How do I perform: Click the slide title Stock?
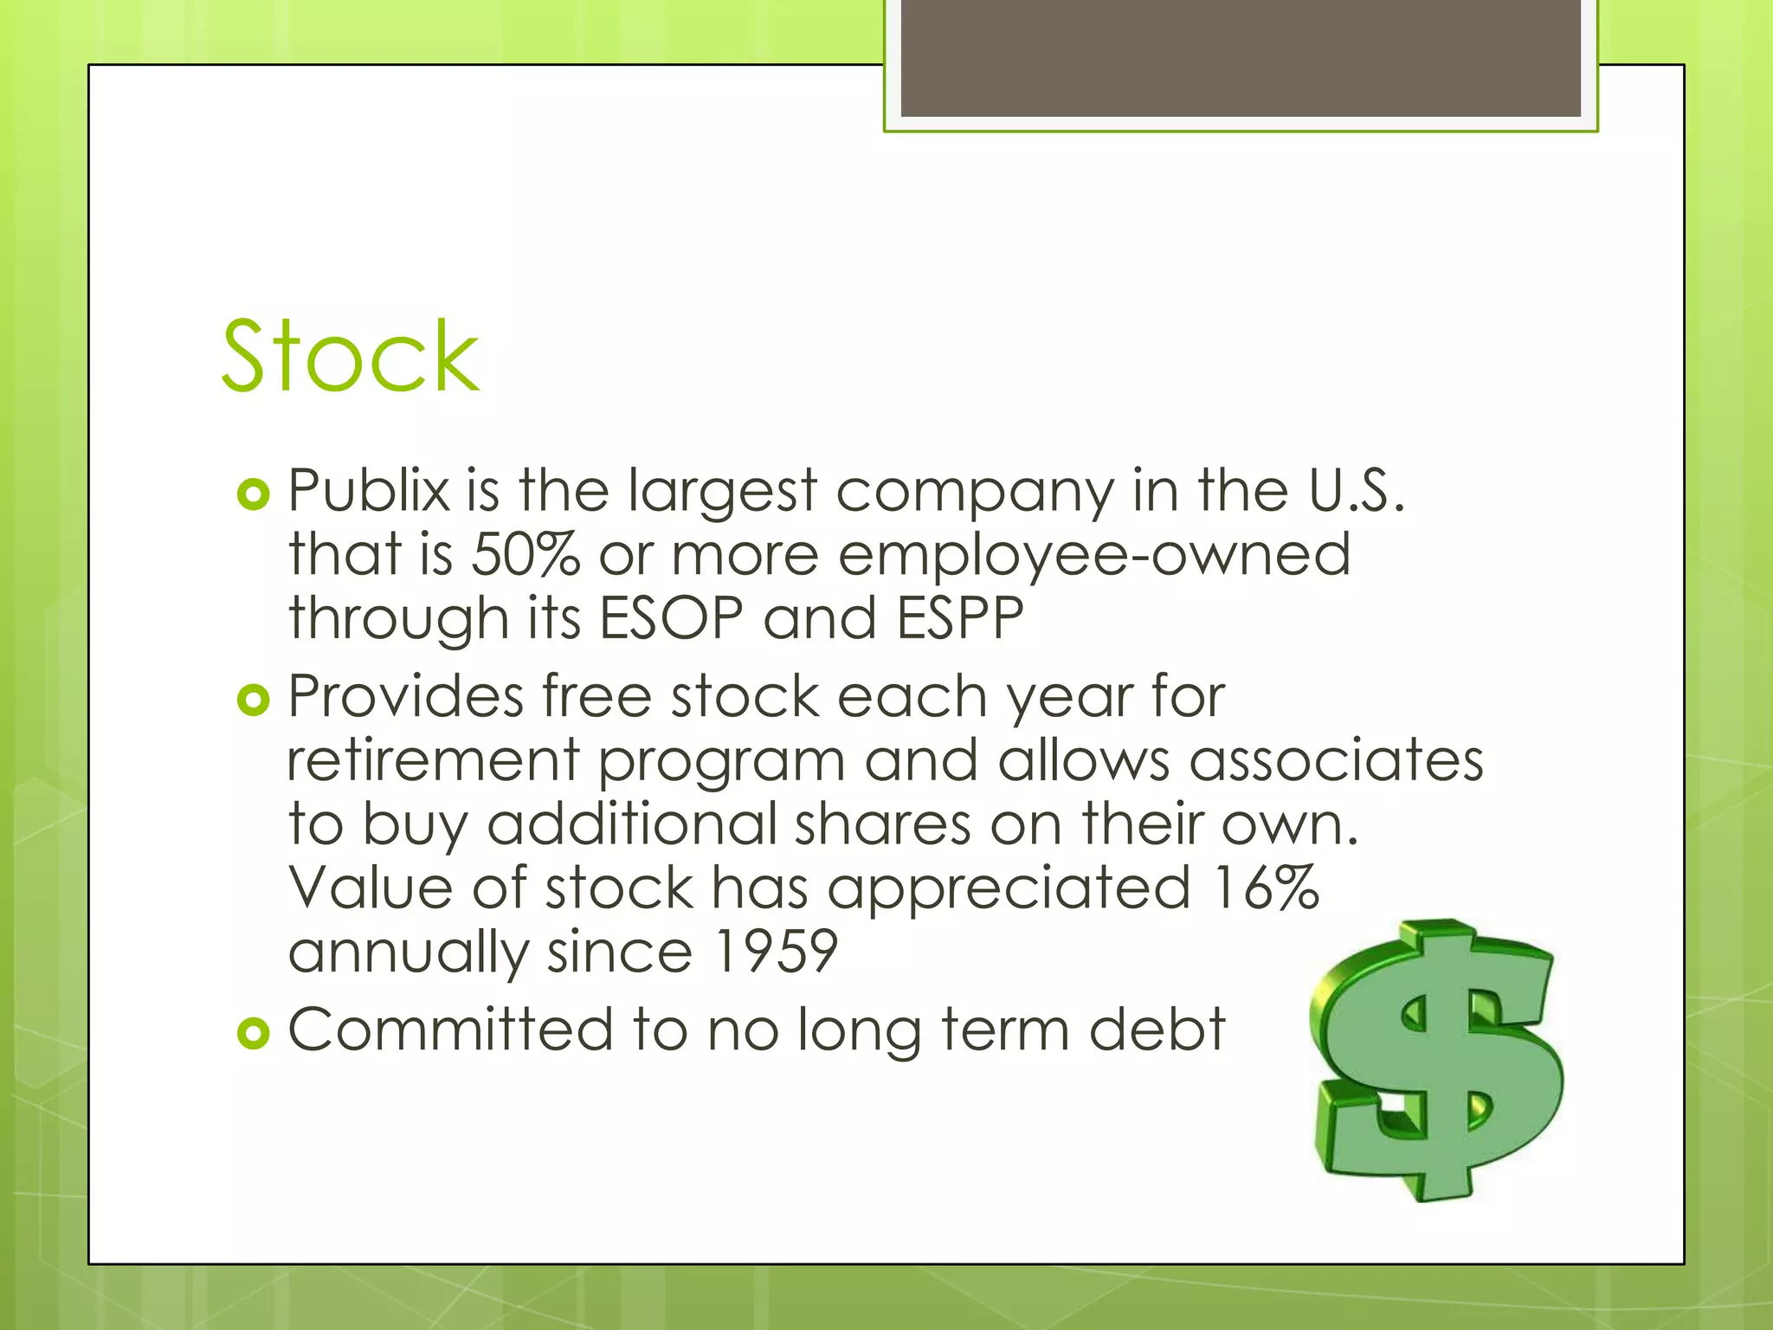click(x=350, y=357)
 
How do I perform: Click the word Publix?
click(x=370, y=490)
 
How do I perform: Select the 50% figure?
click(x=525, y=554)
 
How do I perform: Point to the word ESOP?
click(x=672, y=618)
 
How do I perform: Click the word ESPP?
click(x=959, y=618)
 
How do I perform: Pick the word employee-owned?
click(x=1094, y=556)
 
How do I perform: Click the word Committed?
click(x=450, y=1030)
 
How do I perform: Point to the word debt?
click(x=1157, y=1030)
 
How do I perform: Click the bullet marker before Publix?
click(x=254, y=494)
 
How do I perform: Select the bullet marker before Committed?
click(x=254, y=1033)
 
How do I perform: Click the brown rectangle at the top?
click(x=1241, y=57)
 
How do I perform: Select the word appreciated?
click(x=1009, y=889)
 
